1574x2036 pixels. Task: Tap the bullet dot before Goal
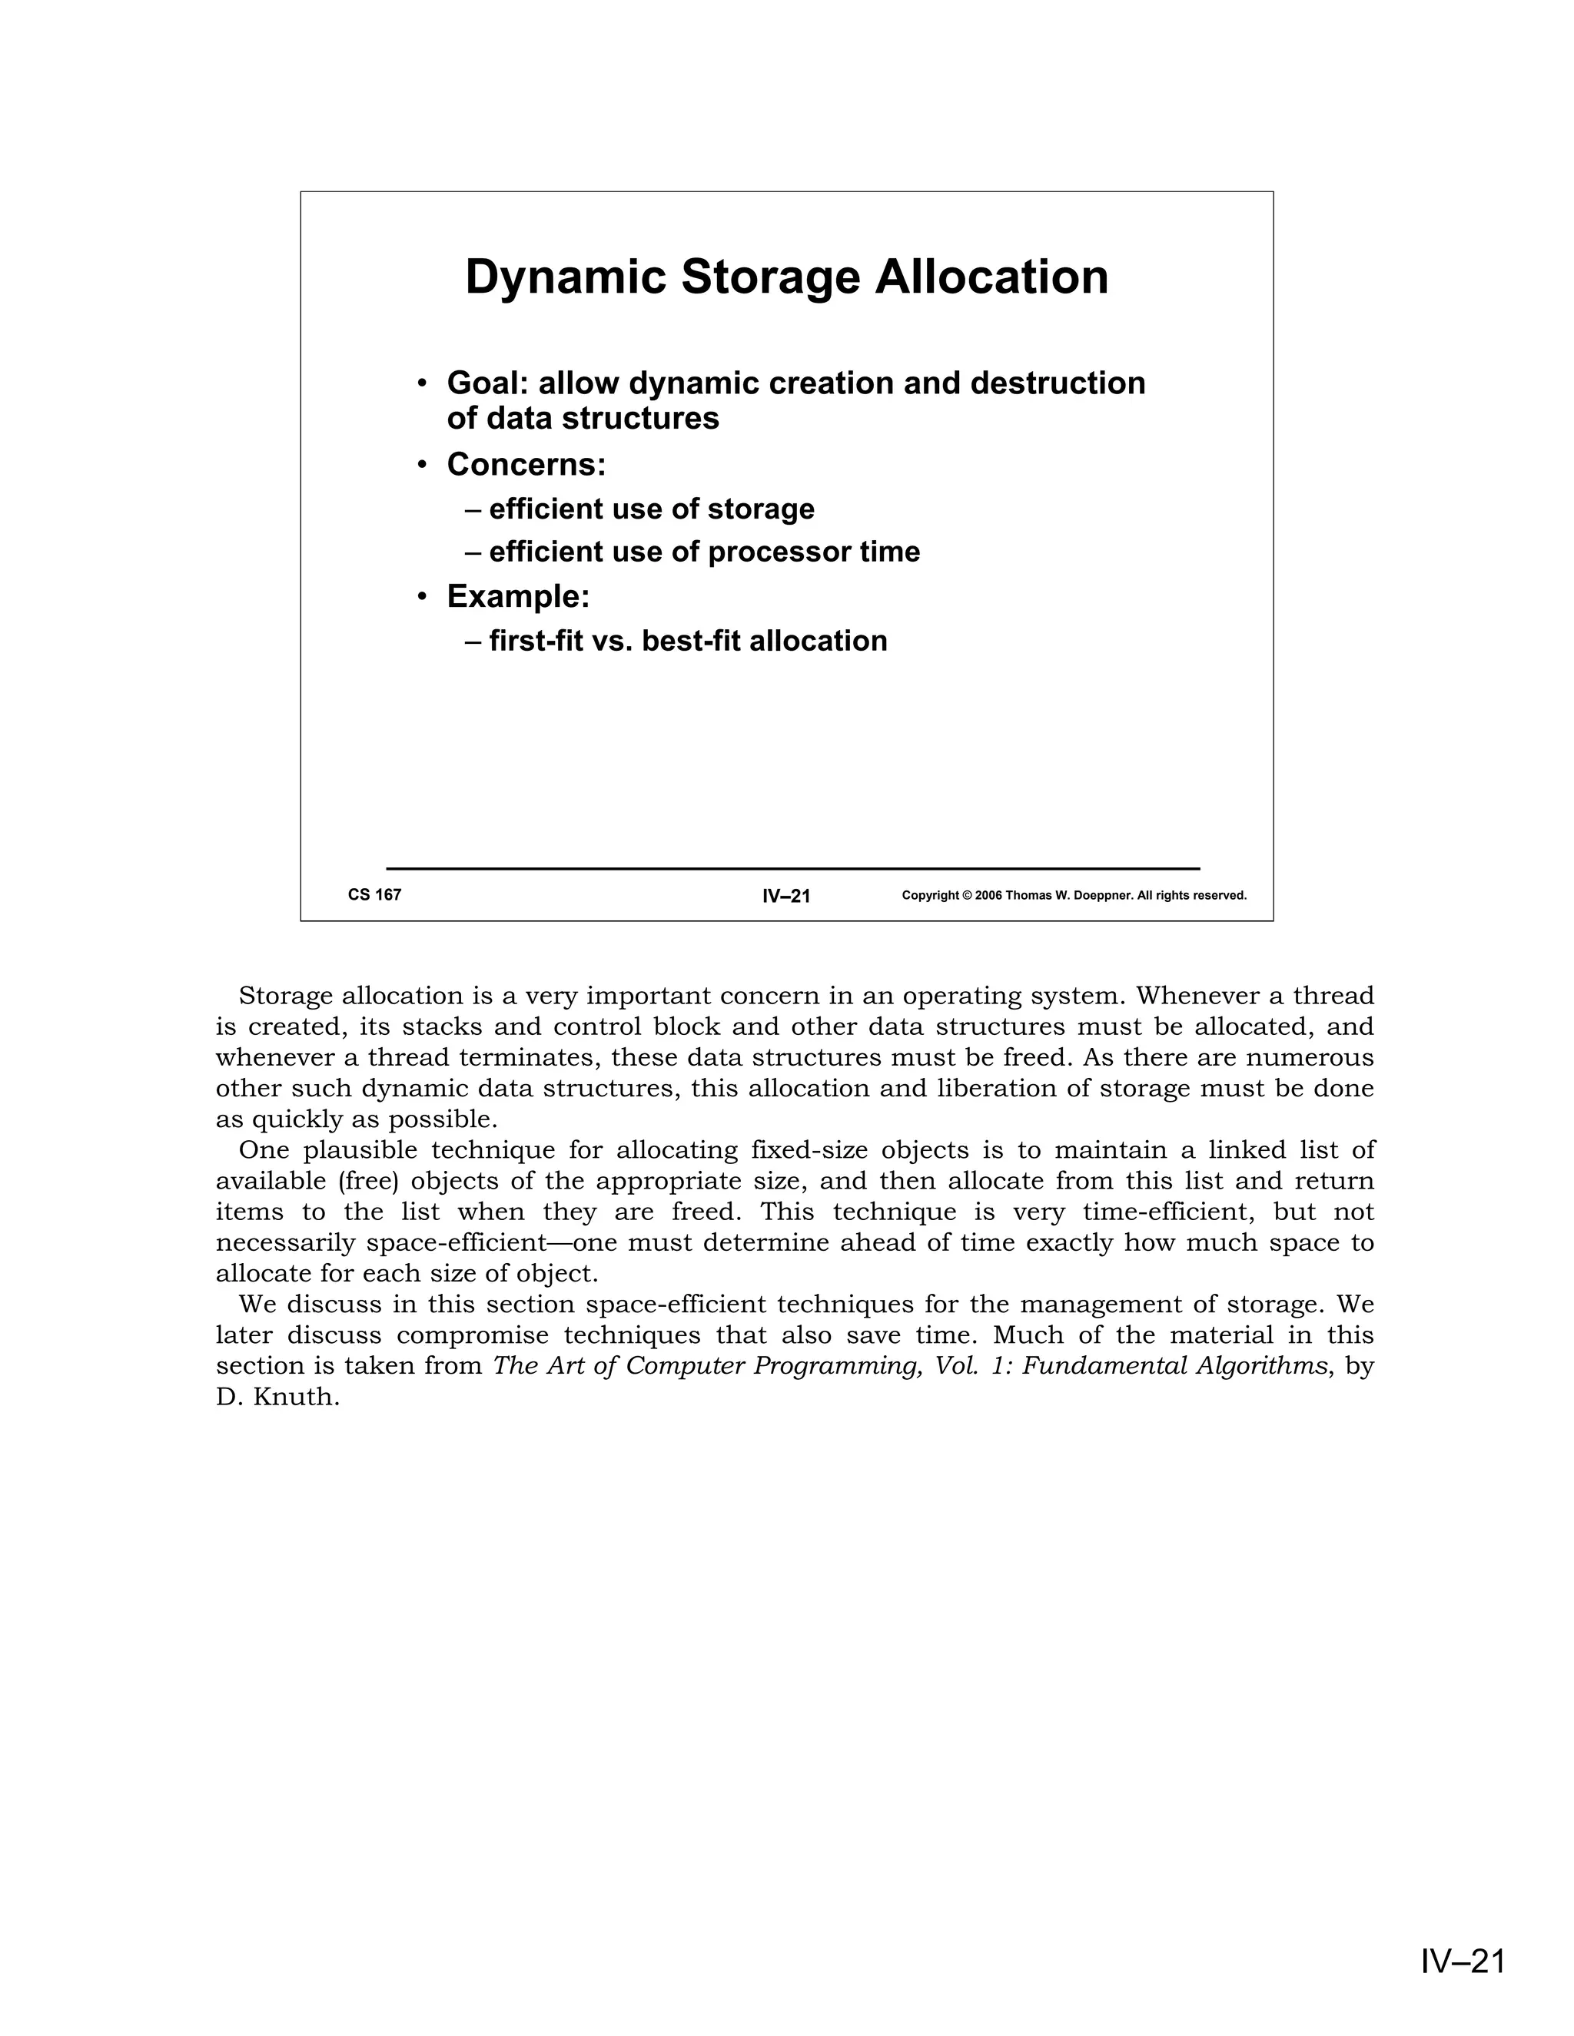pyautogui.click(x=423, y=384)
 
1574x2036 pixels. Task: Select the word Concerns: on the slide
pyautogui.click(x=526, y=464)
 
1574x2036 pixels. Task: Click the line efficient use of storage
pyautogui.click(x=651, y=509)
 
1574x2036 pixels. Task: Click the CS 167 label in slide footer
pyautogui.click(x=375, y=895)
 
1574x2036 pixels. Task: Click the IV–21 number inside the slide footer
pyautogui.click(x=786, y=896)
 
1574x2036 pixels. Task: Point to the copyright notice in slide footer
pyautogui.click(x=1074, y=896)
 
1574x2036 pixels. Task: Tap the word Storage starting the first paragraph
pyautogui.click(x=285, y=996)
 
